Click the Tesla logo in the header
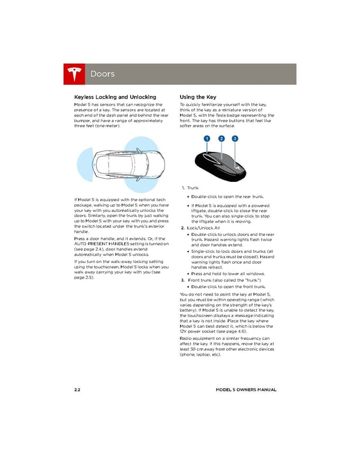(x=75, y=74)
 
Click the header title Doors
(x=102, y=74)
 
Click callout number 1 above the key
(x=206, y=139)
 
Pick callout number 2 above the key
(x=221, y=139)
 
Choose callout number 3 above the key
(x=235, y=139)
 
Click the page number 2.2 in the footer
(x=77, y=390)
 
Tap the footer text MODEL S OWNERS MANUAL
(x=246, y=390)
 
